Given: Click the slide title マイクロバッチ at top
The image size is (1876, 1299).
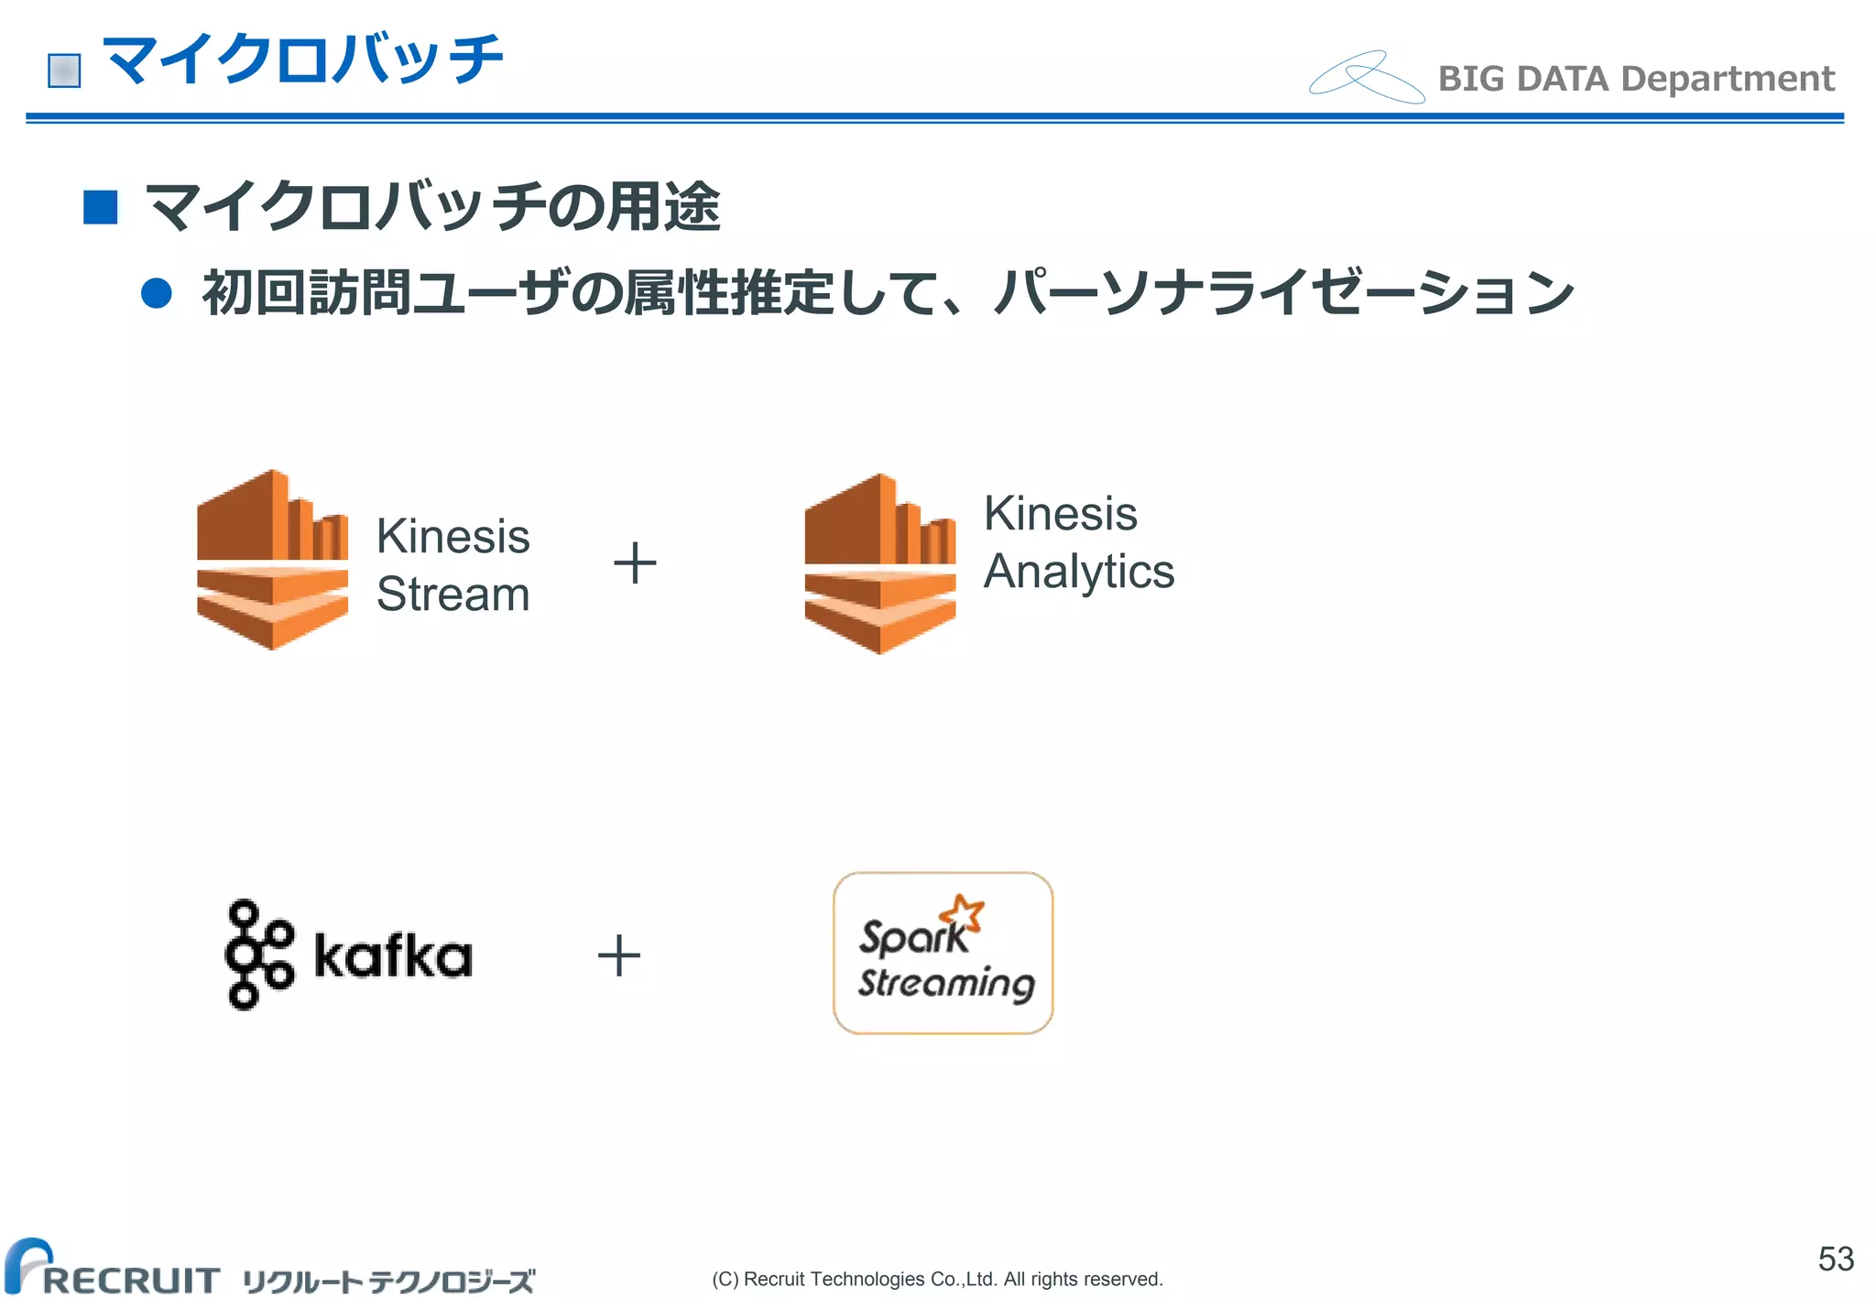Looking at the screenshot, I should click(x=302, y=60).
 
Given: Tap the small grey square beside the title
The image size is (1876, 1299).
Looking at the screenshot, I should click(x=64, y=71).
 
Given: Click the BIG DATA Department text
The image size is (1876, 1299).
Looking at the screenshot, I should click(x=1636, y=79).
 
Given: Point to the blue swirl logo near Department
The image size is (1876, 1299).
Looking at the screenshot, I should click(x=1366, y=77).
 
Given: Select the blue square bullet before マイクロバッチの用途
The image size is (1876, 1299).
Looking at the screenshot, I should click(x=100, y=207).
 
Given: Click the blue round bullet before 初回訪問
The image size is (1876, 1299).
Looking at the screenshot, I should click(x=157, y=293).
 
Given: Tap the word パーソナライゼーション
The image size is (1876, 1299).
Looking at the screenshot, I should click(x=1282, y=293).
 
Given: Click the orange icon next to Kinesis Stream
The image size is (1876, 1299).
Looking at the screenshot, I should click(x=272, y=560).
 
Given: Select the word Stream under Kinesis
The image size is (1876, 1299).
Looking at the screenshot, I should click(x=453, y=594).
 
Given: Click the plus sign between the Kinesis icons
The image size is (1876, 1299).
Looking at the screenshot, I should click(x=635, y=562).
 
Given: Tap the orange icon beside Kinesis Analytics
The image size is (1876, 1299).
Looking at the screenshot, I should click(x=879, y=563).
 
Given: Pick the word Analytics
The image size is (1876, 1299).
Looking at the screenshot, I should click(x=1078, y=572).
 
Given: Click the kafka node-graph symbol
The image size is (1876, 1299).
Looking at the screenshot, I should click(x=257, y=955).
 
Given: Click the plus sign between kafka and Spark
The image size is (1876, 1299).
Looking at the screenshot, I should click(x=619, y=955).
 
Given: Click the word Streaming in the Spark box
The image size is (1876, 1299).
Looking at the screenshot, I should click(x=946, y=983).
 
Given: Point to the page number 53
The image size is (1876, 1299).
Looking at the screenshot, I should click(x=1835, y=1259).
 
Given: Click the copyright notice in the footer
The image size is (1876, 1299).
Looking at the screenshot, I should click(x=937, y=1279).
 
